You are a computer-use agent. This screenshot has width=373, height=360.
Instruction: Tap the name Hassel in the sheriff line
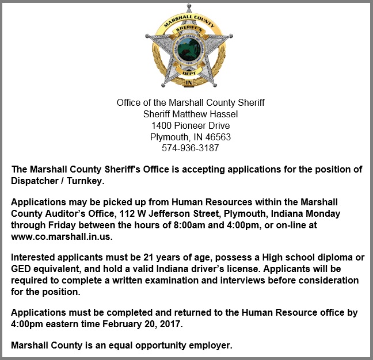223,114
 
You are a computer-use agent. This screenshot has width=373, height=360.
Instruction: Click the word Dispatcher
35,181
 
